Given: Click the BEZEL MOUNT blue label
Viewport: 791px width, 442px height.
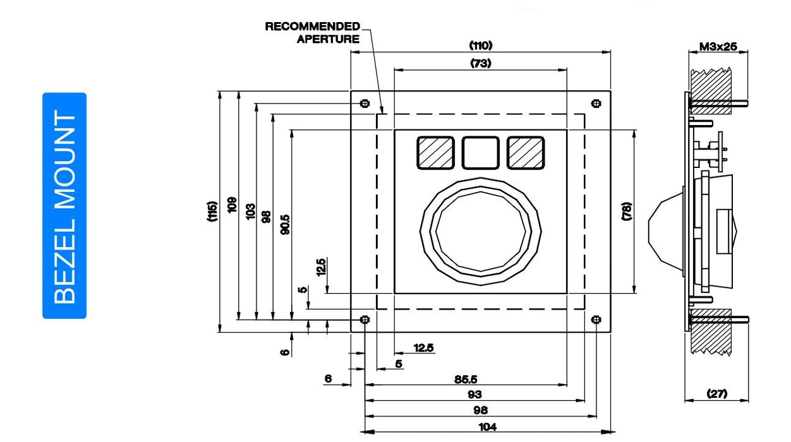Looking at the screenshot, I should point(64,206).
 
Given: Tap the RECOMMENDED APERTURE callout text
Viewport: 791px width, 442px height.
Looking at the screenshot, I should point(312,32).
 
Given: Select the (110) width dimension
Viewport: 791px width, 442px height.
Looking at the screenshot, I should point(480,45).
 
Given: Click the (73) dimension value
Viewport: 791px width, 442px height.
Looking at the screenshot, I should point(480,63).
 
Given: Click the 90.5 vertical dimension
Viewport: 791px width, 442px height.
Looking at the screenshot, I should point(286,225).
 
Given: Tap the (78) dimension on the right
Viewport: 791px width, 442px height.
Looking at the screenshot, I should point(626,212).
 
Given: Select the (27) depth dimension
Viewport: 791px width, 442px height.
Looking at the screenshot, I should point(716,393).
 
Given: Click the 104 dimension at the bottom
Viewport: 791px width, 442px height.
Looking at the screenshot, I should point(488,427).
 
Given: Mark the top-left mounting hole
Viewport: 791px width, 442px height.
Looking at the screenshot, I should point(365,104).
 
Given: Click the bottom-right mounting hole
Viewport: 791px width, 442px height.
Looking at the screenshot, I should point(596,320).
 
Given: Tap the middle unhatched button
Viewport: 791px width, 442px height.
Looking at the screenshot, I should point(480,153).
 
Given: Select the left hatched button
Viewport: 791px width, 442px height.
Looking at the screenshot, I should point(435,153).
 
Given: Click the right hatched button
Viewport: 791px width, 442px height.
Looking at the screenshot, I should point(526,153).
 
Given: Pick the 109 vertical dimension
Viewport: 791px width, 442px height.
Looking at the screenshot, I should point(232,205).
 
